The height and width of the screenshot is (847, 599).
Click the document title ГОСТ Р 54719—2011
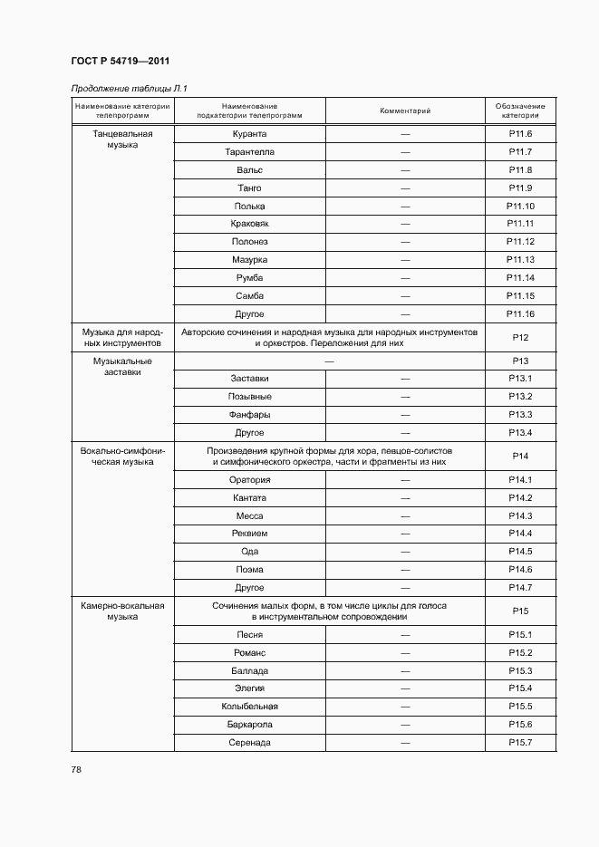[x=120, y=61]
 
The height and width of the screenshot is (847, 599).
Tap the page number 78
[x=76, y=769]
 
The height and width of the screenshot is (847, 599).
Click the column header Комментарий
[x=405, y=111]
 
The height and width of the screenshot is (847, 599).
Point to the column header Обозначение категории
[x=520, y=111]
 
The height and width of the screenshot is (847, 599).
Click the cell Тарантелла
[x=249, y=152]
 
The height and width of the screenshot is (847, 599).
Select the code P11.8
[x=520, y=170]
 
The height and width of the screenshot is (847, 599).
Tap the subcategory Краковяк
[x=249, y=224]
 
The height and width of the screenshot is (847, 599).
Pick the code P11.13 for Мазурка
[x=520, y=260]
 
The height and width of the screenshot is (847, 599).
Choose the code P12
[x=520, y=338]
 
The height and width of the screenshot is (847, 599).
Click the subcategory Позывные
[x=249, y=397]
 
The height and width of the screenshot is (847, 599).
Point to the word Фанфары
[x=249, y=415]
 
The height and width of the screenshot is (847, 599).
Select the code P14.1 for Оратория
[x=520, y=480]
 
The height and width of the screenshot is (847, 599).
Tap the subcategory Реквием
[x=249, y=534]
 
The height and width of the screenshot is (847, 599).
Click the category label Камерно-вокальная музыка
[x=122, y=611]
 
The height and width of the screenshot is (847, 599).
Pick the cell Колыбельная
[x=249, y=707]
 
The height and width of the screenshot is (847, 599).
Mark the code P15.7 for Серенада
[x=520, y=743]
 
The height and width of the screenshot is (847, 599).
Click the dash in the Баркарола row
[x=405, y=725]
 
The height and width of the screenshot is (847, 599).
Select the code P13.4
[x=520, y=433]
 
